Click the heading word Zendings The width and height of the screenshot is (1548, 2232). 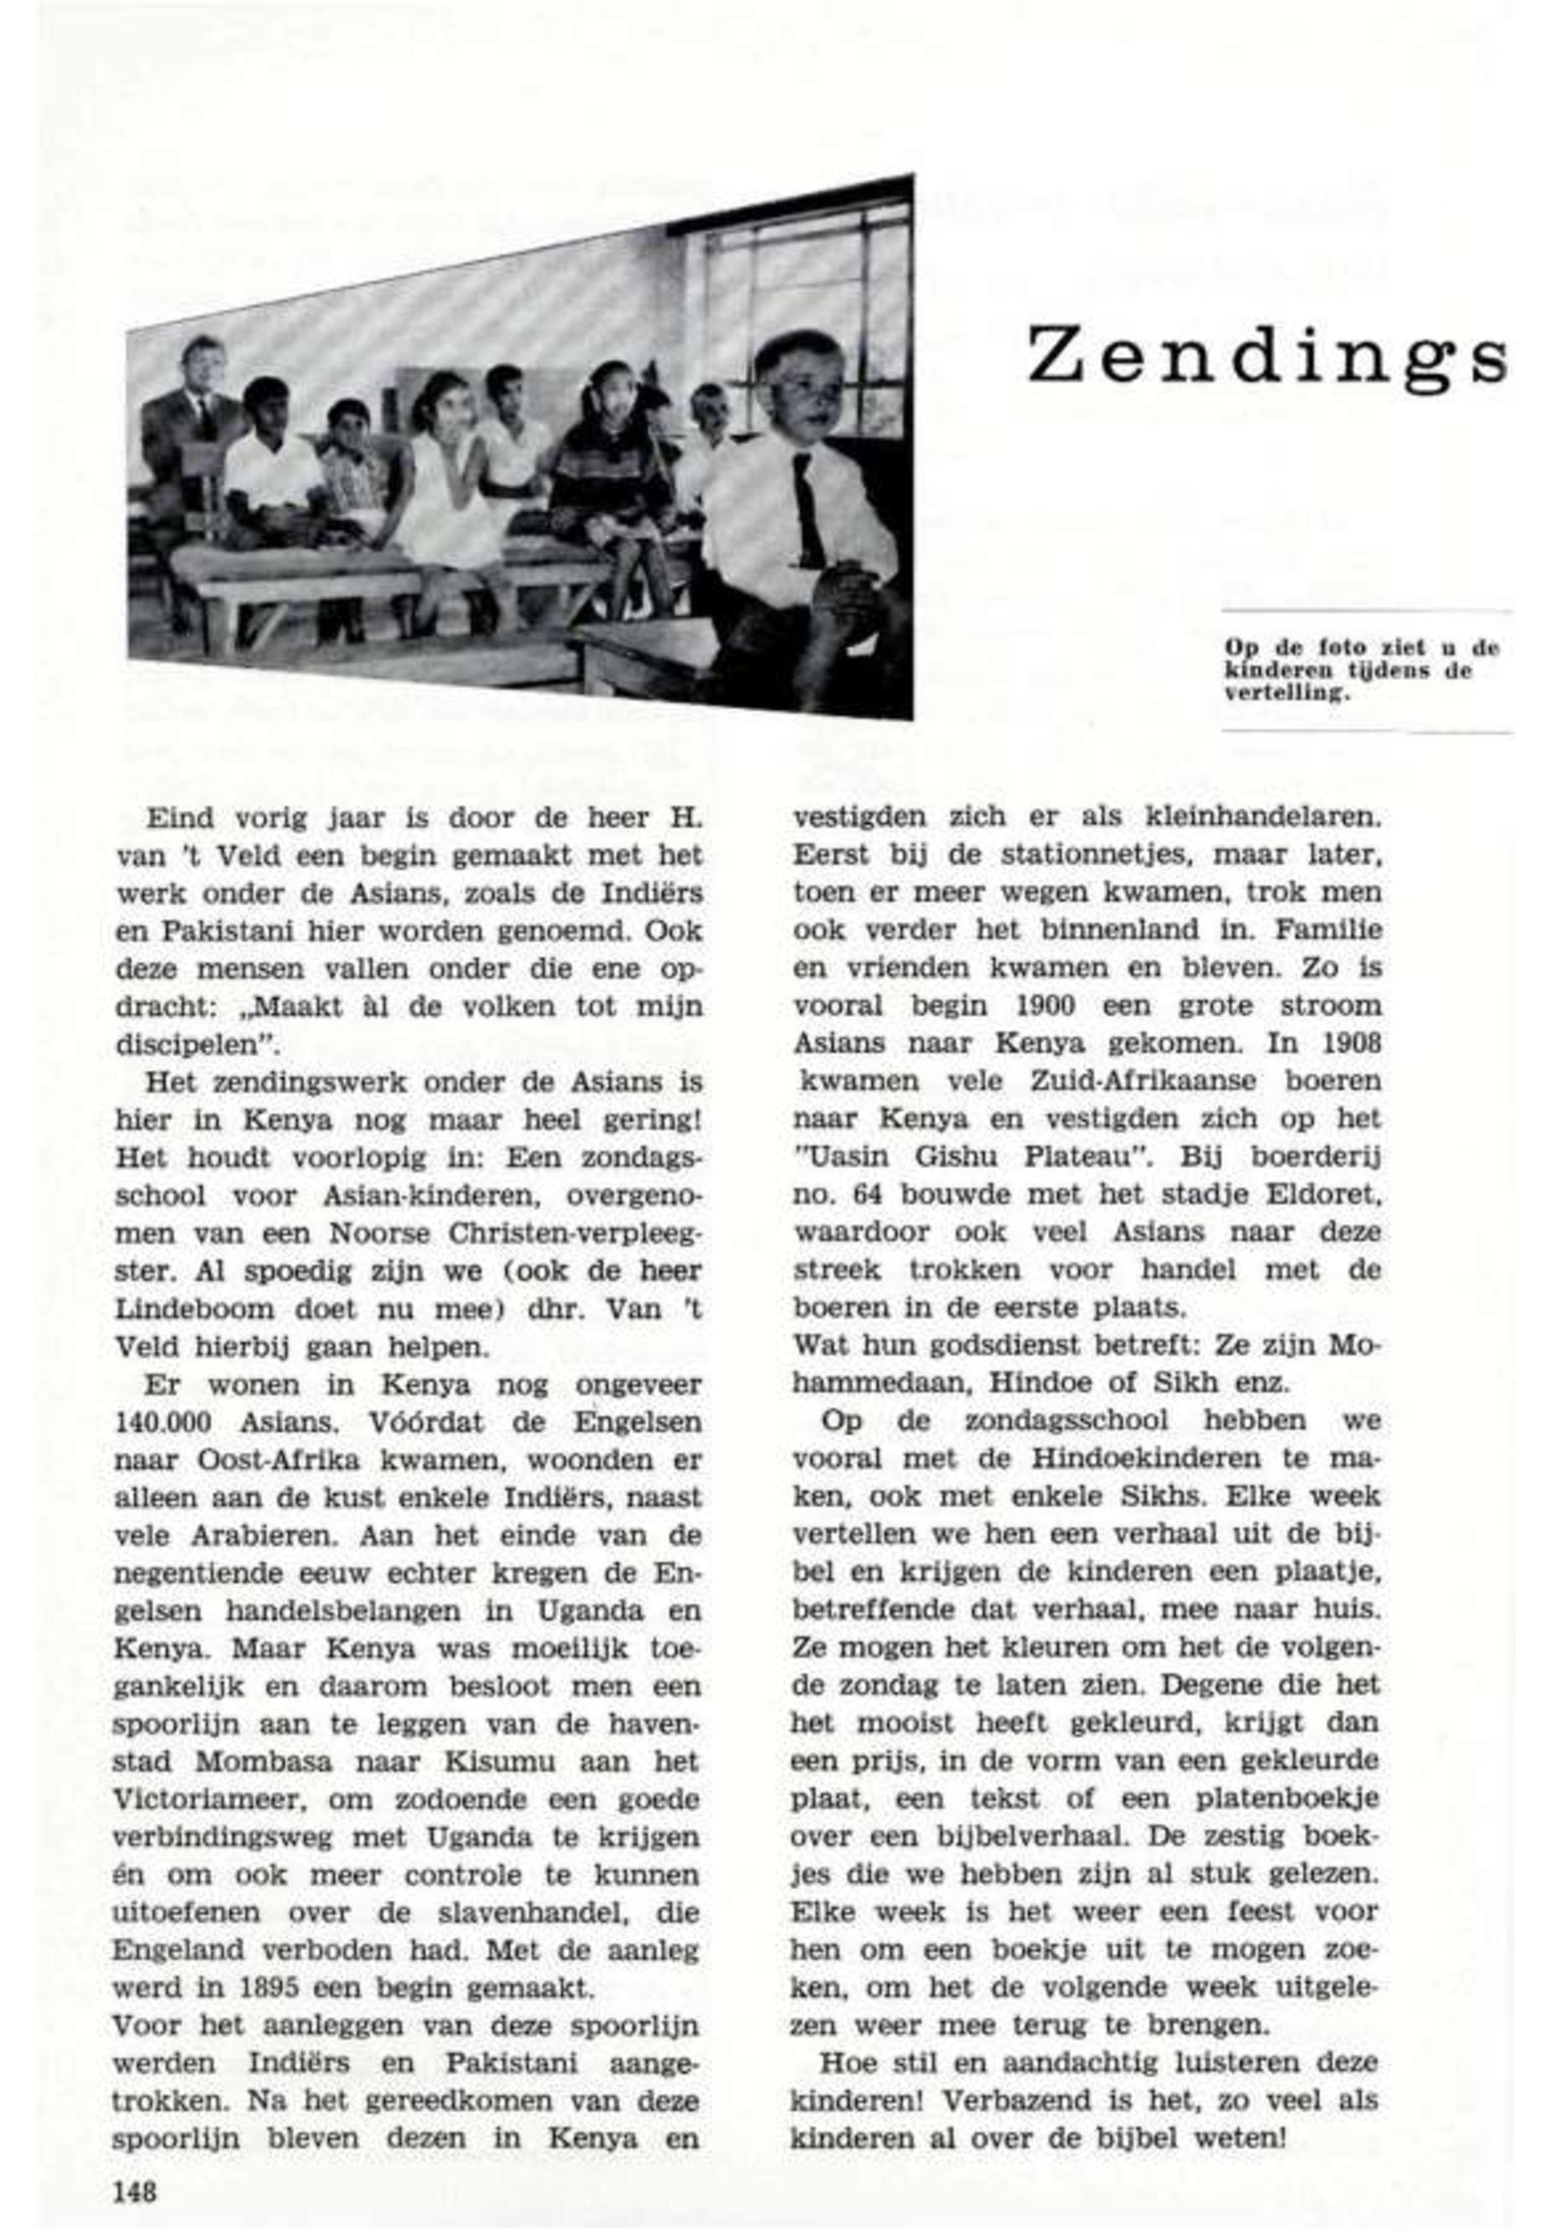(x=1266, y=356)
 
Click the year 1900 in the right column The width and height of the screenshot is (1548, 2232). (x=1031, y=1006)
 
